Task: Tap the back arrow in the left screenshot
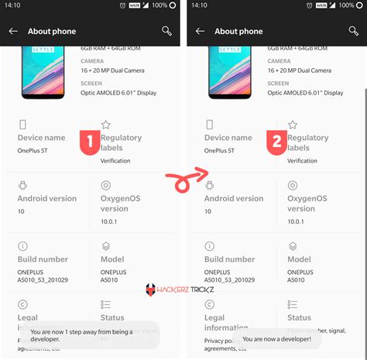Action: click(x=13, y=31)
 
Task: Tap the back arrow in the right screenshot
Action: click(x=200, y=31)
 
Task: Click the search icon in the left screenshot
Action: click(x=166, y=31)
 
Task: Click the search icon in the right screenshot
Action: click(x=353, y=31)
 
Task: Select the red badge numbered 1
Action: click(x=89, y=142)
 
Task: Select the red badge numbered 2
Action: click(x=276, y=142)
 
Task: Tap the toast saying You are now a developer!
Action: click(x=276, y=339)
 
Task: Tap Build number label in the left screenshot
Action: click(x=43, y=259)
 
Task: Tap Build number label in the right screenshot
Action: click(x=229, y=259)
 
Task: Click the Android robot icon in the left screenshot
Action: click(x=23, y=186)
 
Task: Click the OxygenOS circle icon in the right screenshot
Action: click(x=293, y=186)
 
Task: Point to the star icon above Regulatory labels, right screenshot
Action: click(x=293, y=125)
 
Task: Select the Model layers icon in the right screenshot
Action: click(x=293, y=247)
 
